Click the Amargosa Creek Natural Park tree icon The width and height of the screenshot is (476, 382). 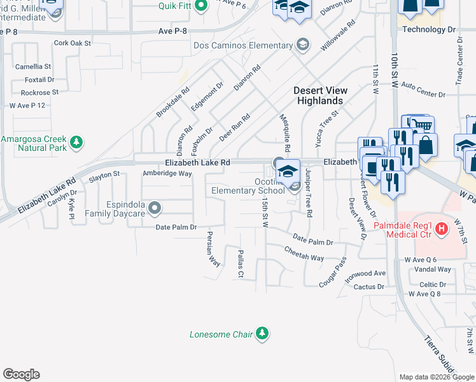pos(77,141)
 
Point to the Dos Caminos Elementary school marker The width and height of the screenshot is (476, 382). pos(303,45)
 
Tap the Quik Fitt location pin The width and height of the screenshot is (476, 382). pos(200,7)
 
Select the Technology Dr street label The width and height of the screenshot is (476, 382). pos(430,29)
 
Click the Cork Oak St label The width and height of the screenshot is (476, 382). pos(73,43)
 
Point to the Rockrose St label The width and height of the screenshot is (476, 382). pos(39,92)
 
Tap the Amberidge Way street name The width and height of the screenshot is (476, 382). pos(167,173)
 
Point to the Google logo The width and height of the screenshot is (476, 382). pos(21,374)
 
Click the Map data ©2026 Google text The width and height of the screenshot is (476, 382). pos(436,377)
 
